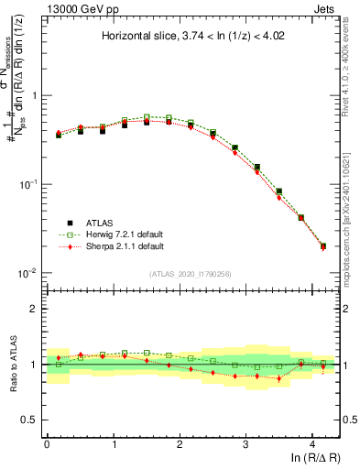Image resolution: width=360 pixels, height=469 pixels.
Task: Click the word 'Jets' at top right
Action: pyautogui.click(x=327, y=8)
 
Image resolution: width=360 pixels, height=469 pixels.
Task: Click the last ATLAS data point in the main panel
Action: pyautogui.click(x=323, y=245)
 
